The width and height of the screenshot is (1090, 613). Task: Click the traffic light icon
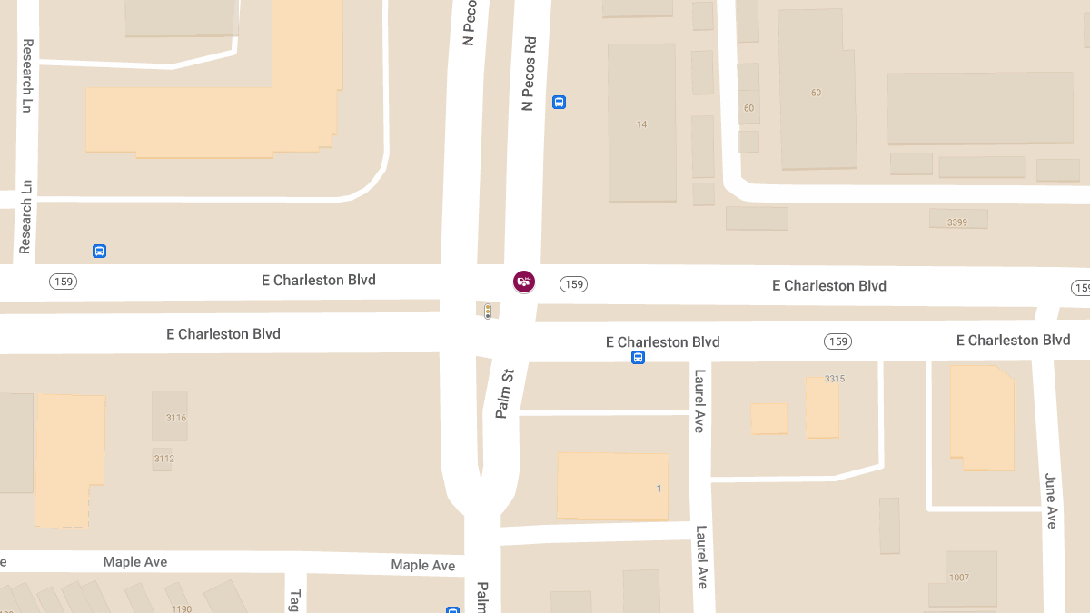(x=488, y=311)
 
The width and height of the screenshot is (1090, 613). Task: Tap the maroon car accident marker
(x=524, y=282)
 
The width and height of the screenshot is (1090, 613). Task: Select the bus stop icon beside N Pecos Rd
(x=559, y=103)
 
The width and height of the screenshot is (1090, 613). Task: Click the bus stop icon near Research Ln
(x=99, y=251)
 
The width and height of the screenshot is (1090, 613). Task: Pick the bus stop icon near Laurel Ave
(x=638, y=358)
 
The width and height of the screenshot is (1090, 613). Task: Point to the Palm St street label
(x=505, y=393)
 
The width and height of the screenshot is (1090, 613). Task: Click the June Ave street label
(x=1051, y=500)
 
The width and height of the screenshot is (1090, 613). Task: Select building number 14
(x=642, y=124)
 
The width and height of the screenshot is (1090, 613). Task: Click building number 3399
(x=957, y=222)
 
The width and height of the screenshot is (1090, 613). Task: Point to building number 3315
(x=835, y=378)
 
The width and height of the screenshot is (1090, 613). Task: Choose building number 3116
(x=176, y=418)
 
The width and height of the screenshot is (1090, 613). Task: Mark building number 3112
(x=163, y=459)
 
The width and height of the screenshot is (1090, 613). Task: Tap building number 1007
(x=959, y=578)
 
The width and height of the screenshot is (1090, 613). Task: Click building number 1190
(x=180, y=608)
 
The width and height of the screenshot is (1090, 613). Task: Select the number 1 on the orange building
(x=659, y=489)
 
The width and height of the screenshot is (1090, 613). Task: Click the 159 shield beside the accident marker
(x=573, y=284)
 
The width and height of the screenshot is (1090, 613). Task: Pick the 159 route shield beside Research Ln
(x=63, y=282)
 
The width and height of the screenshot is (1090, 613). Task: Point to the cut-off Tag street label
(x=294, y=600)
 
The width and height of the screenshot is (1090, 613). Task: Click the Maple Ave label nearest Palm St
(x=423, y=565)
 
